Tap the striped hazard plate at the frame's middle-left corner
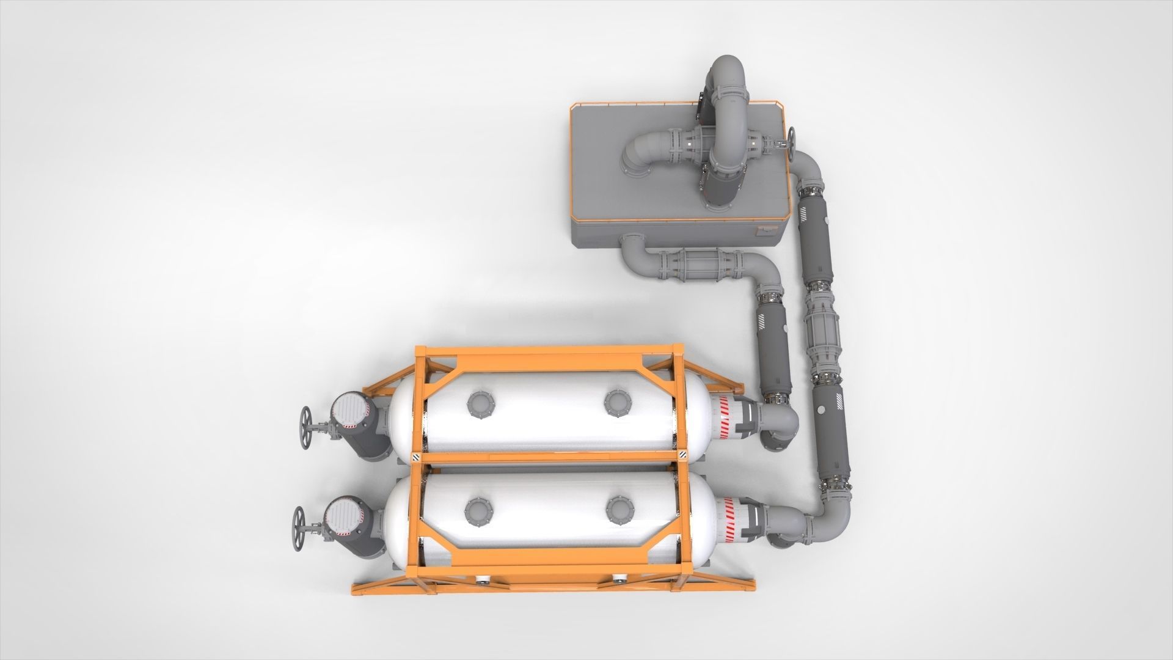(415, 457)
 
